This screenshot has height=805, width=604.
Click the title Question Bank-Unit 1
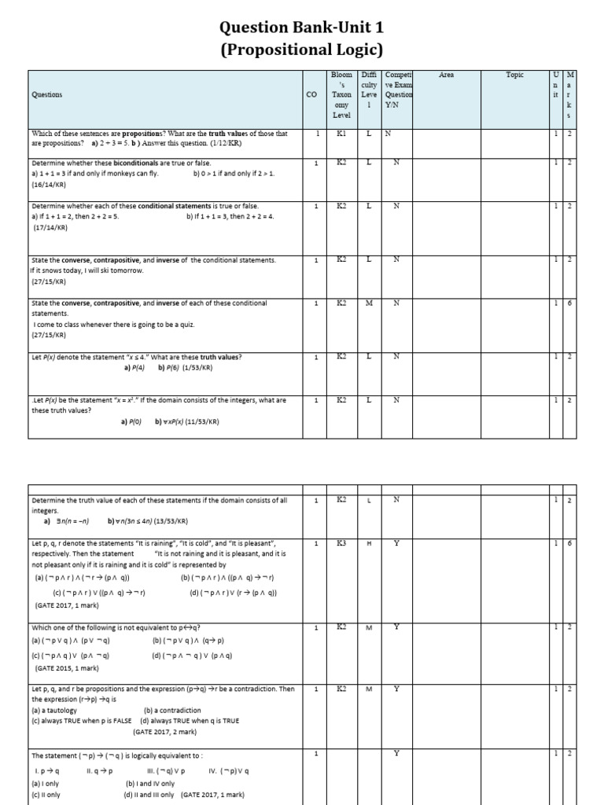click(302, 28)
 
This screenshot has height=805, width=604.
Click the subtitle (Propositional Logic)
click(302, 50)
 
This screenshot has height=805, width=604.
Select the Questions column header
click(47, 94)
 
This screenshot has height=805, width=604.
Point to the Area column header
click(446, 75)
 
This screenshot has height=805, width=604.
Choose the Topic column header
click(514, 75)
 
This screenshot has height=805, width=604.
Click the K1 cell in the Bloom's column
click(341, 134)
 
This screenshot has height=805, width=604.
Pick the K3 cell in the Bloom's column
click(341, 543)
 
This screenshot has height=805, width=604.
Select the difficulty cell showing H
click(369, 543)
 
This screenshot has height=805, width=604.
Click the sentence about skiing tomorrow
click(87, 270)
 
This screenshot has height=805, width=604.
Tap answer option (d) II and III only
click(151, 794)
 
